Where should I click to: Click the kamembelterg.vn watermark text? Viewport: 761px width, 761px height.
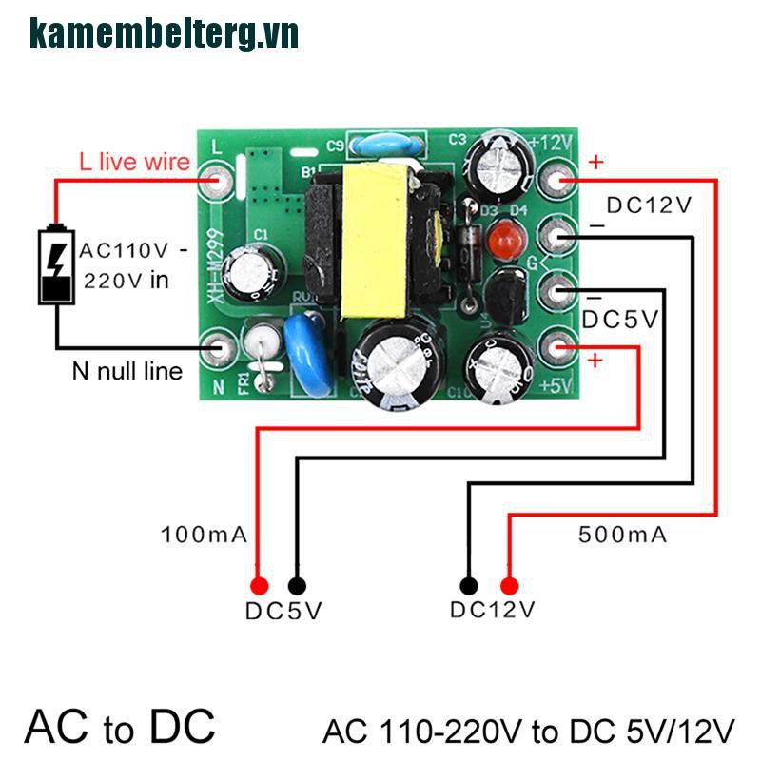tap(164, 33)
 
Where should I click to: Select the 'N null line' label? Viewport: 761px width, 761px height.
tap(127, 371)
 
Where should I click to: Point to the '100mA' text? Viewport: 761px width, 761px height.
tap(205, 535)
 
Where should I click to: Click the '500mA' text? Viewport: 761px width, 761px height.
tap(622, 535)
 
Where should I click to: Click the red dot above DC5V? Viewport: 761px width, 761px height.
tap(258, 586)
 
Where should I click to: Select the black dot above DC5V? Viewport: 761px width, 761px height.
tap(298, 586)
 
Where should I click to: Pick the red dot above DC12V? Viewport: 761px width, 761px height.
tap(510, 586)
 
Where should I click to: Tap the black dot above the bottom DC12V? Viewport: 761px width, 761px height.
tap(468, 586)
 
